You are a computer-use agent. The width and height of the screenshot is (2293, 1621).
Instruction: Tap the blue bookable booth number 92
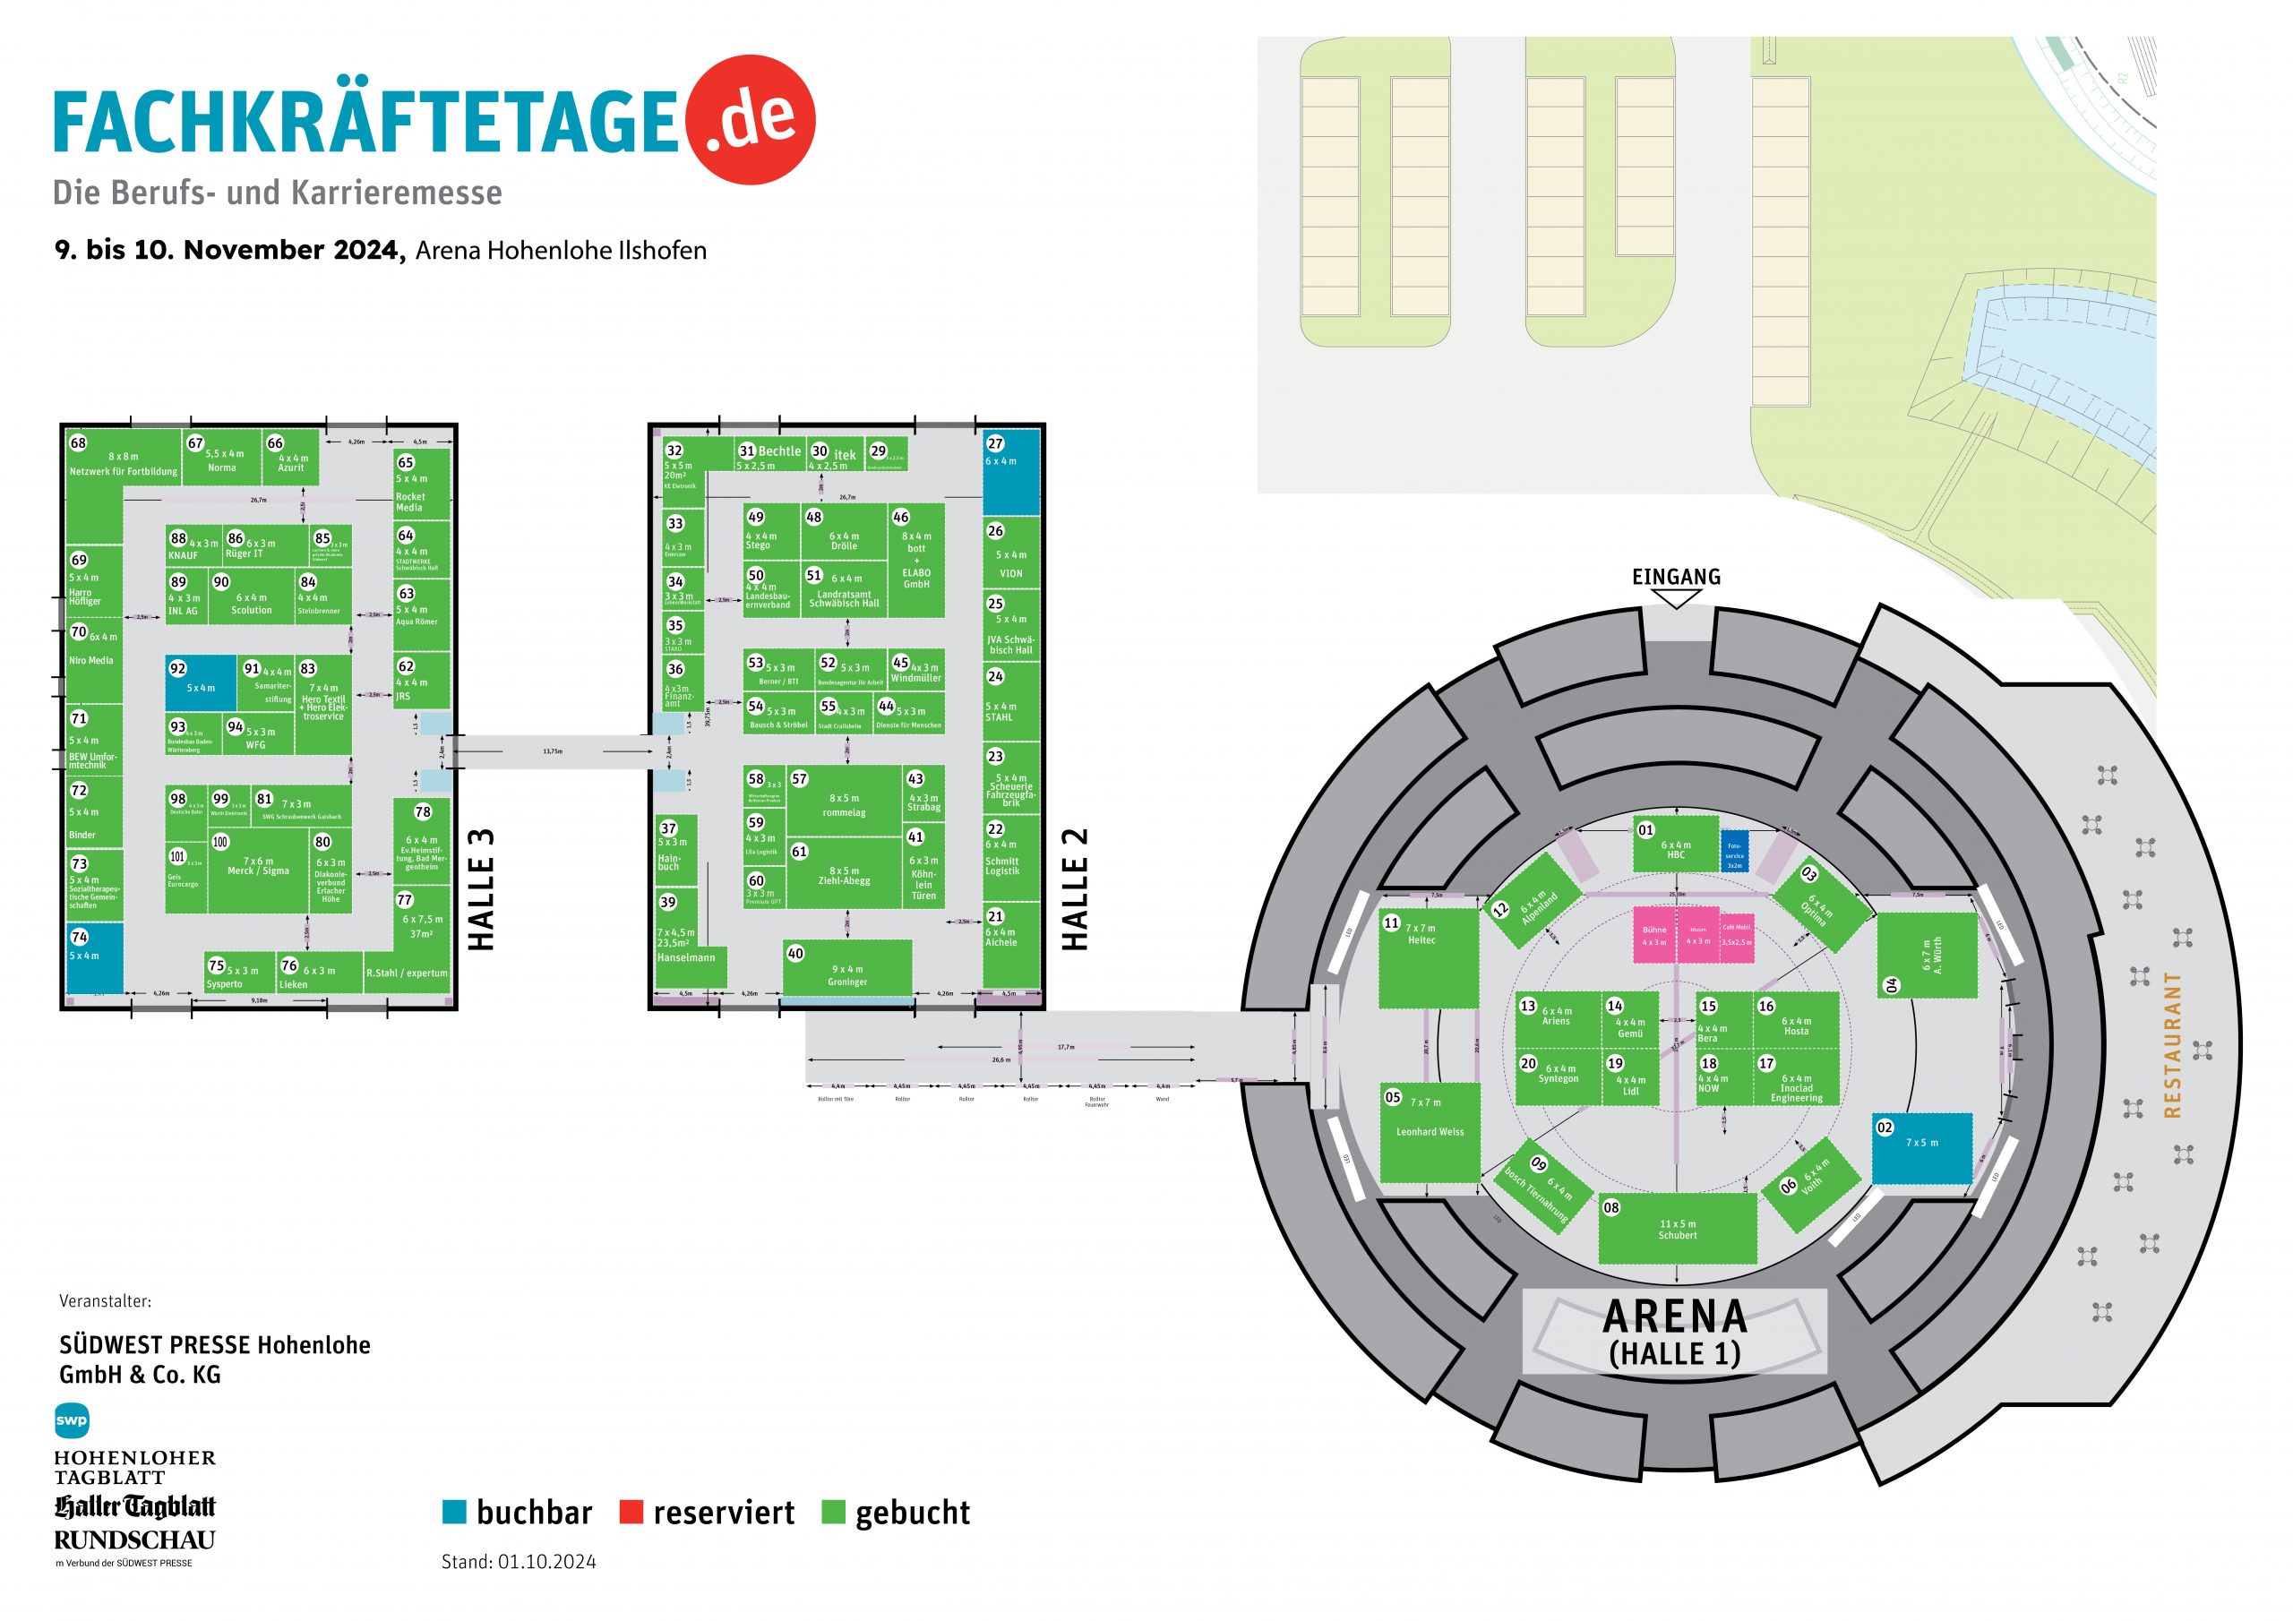[201, 683]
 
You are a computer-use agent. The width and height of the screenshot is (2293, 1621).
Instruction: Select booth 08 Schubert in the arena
[1677, 1229]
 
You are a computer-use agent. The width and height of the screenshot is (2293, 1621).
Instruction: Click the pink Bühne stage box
[1653, 935]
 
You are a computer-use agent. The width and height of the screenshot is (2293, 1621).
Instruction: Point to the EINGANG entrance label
[1676, 578]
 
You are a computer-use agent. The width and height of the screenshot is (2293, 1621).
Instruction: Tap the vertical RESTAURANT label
[2172, 1043]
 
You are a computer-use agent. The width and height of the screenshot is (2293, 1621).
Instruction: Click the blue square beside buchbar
[454, 1512]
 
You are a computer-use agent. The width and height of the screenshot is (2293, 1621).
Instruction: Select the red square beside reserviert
[631, 1512]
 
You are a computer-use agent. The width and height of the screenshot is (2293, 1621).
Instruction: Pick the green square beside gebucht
[833, 1512]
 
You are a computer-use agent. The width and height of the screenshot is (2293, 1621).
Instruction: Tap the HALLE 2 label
[1075, 889]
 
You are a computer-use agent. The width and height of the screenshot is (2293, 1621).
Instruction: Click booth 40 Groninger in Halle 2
[847, 968]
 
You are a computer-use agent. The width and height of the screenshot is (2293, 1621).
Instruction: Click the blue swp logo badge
[72, 1420]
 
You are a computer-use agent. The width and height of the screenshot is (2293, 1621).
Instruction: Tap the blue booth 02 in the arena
[1921, 1149]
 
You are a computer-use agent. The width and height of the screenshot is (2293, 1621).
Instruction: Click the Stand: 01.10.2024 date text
[519, 1562]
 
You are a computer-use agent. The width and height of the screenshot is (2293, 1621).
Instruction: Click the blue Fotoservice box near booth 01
[1734, 851]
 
